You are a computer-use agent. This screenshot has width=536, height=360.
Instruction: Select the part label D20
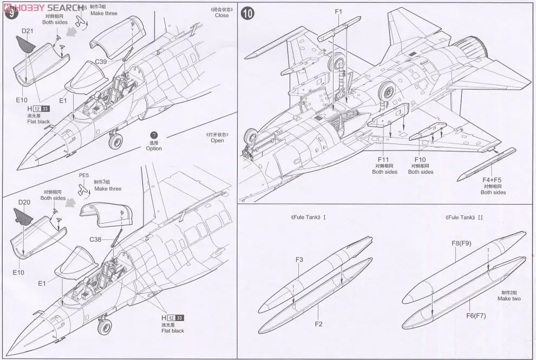point(24,202)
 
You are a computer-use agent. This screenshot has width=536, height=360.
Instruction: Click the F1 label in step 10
point(339,11)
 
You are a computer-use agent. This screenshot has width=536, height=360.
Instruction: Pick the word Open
point(217,141)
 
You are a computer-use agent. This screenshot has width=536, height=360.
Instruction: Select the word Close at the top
point(221,15)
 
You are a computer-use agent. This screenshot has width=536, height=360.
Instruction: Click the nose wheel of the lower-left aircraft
point(103,326)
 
